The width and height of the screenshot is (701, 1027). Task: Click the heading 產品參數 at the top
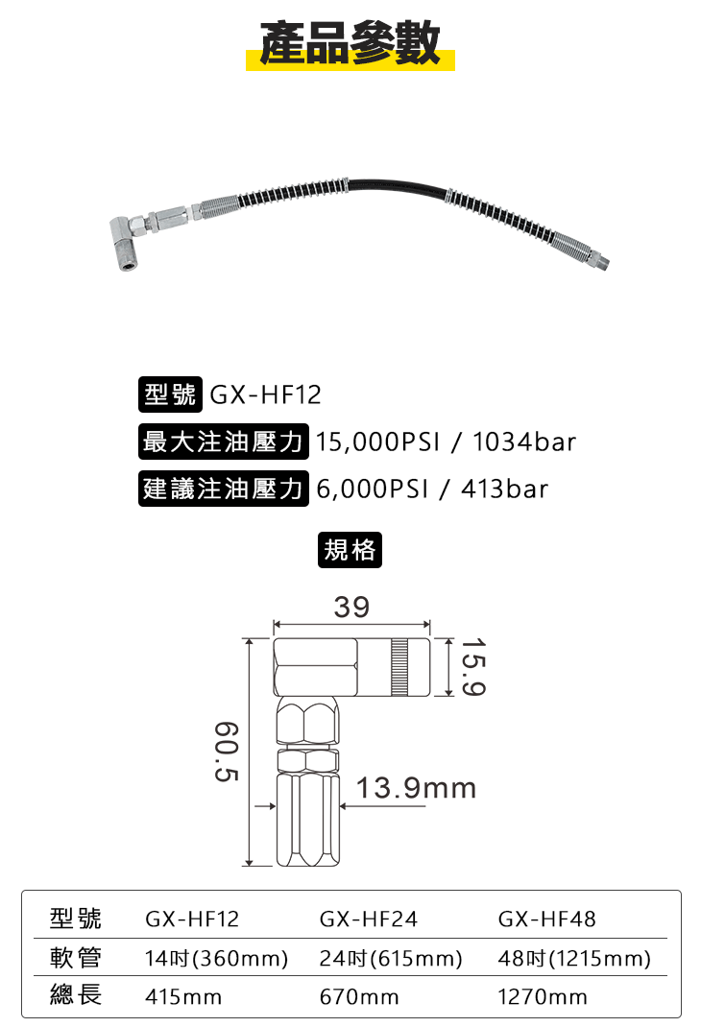pos(350,44)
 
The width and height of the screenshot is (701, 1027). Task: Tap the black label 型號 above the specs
pos(169,394)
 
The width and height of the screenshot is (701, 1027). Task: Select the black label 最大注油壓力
pos(224,442)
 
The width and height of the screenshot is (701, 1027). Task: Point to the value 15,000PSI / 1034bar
pos(446,442)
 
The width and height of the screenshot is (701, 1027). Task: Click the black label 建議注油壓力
pos(224,489)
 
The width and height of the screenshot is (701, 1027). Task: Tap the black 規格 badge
pos(350,550)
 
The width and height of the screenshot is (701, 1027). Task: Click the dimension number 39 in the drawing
pos(351,607)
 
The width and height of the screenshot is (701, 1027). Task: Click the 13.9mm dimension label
pos(417,789)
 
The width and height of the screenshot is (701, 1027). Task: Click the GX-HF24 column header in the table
pos(369,920)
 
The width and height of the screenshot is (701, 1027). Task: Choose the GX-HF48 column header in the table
pos(547,920)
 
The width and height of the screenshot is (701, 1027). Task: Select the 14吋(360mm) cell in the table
pos(217,959)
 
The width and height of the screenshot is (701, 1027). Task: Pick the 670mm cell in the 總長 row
pos(359,997)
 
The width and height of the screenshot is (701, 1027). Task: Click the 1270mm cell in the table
pos(543,997)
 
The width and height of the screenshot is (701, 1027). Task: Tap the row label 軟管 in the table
pos(76,959)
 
